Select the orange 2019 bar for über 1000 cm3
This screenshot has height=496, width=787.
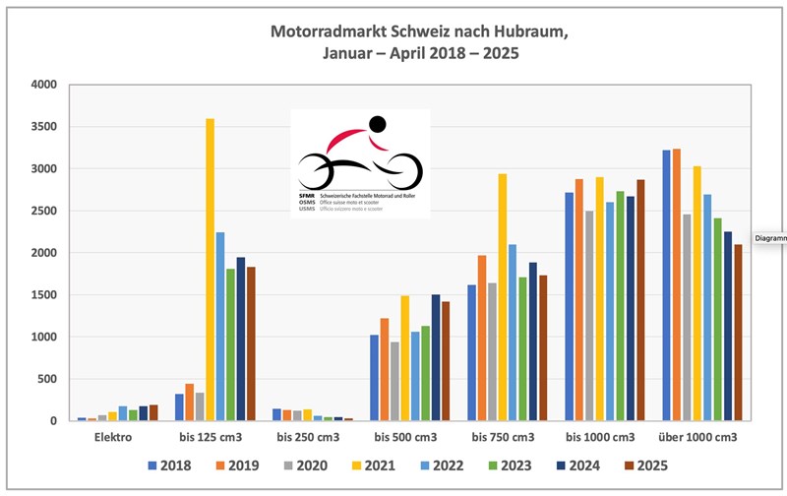676,285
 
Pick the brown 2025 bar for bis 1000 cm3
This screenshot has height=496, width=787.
639,300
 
